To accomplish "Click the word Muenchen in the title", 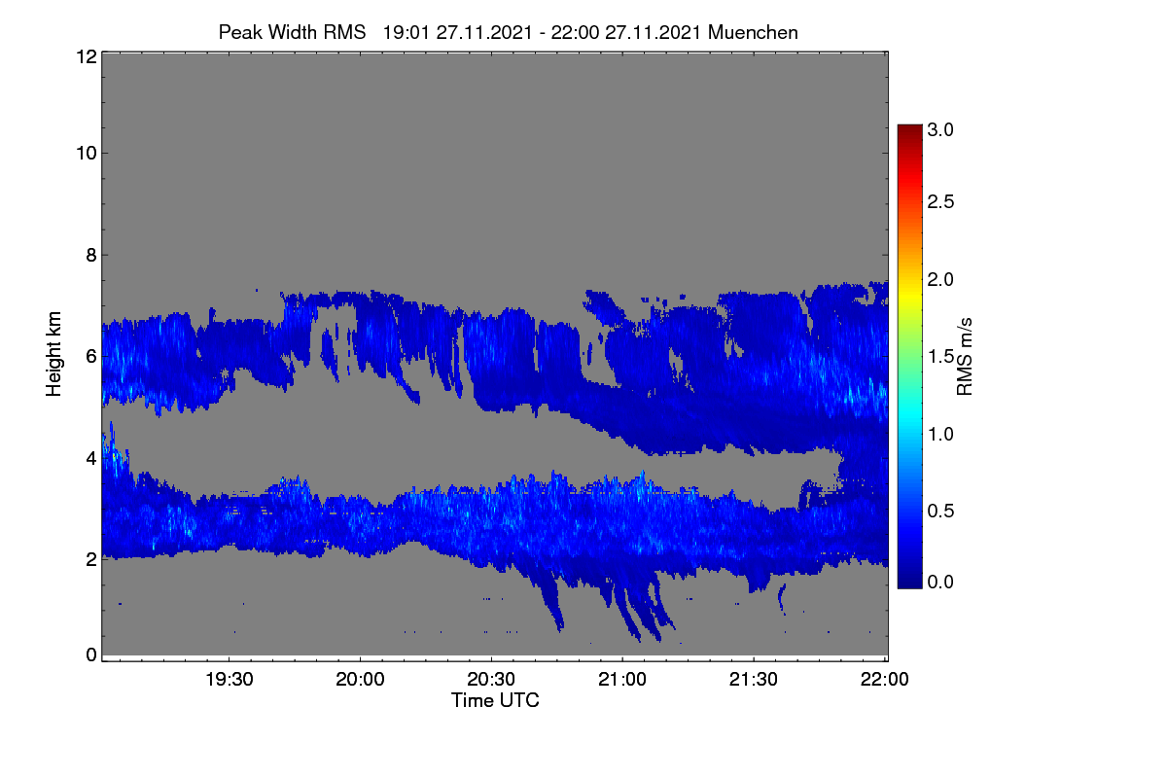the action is (x=753, y=32).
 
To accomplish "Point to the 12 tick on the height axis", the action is (x=87, y=56).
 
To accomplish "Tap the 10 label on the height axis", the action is (x=87, y=154).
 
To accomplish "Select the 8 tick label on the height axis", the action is (x=91, y=256).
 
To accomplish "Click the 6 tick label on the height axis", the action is (x=91, y=357).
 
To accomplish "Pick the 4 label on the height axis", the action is (x=91, y=459).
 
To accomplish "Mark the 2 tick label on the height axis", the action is (x=91, y=559).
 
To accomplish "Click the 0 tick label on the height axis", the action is (x=91, y=654).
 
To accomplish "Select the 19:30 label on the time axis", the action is (x=230, y=680).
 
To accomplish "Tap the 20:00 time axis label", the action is (x=360, y=680).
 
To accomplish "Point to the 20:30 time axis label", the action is (x=491, y=680).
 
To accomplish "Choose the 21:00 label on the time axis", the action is (x=622, y=680).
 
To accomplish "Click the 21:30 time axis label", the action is (x=754, y=680).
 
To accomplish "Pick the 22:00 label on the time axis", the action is (x=884, y=680).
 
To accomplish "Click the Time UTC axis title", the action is (x=495, y=701).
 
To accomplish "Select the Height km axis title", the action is (x=53, y=354).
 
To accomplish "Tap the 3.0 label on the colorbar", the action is (x=940, y=129).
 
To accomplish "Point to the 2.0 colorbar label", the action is (x=940, y=280).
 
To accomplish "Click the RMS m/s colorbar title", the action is (x=965, y=357).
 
